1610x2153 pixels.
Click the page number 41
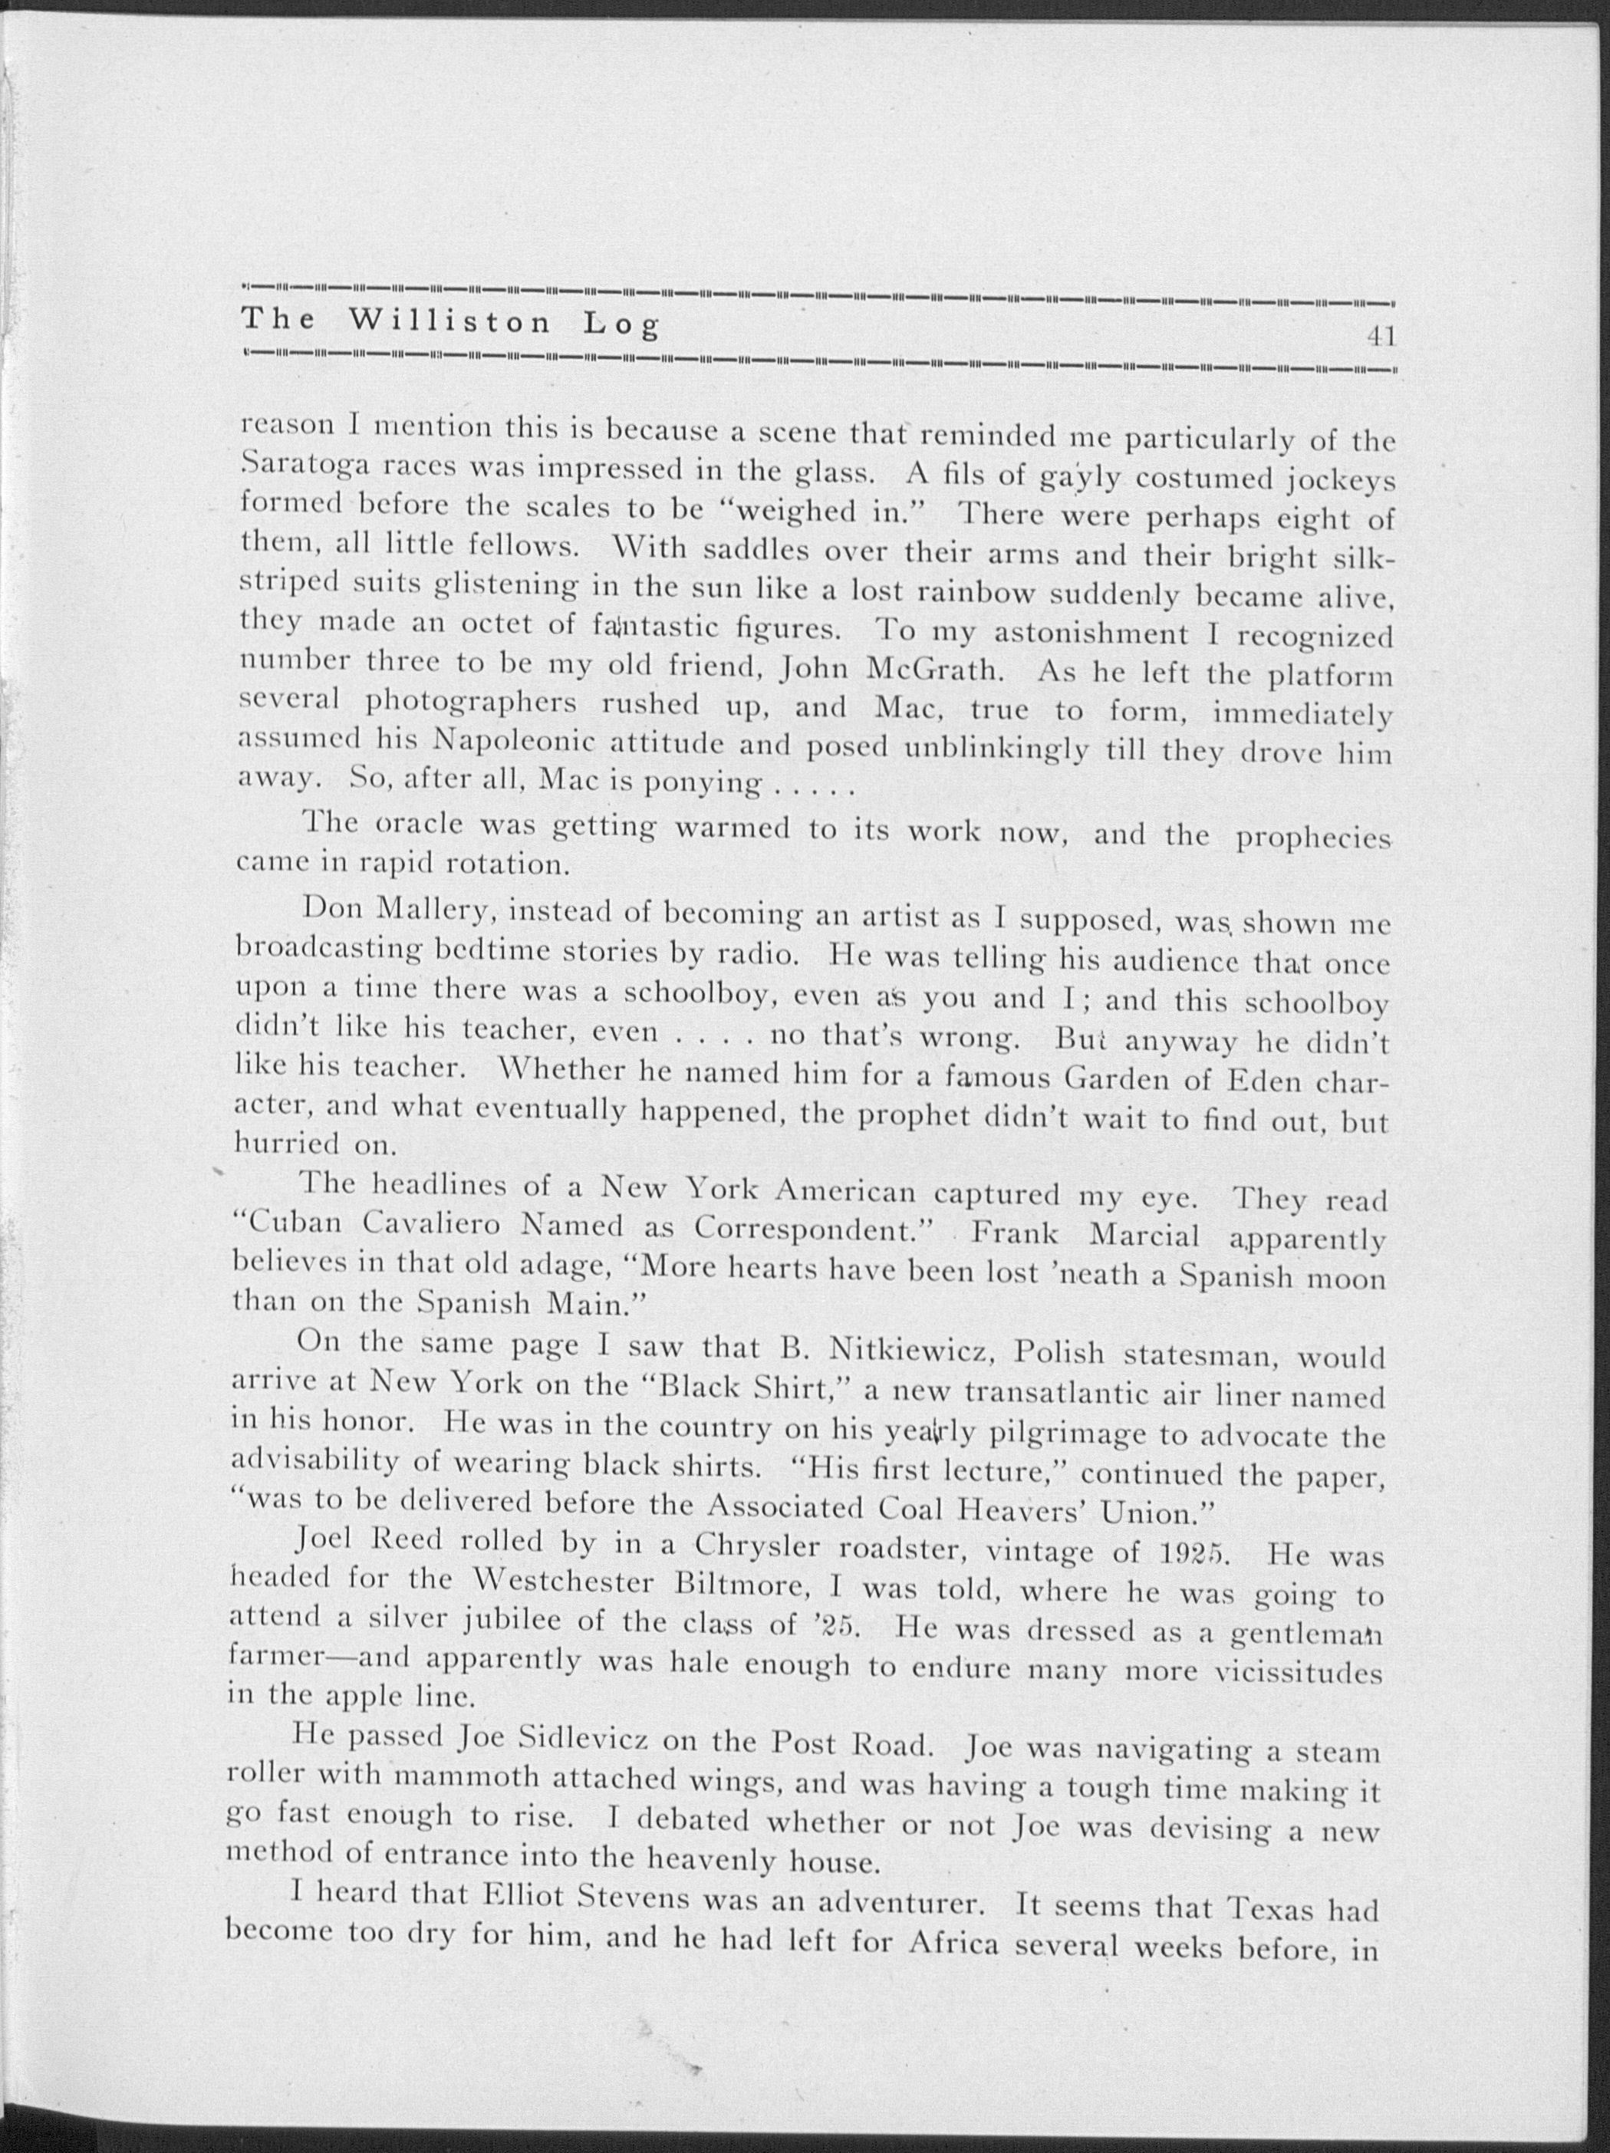click(x=1381, y=336)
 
